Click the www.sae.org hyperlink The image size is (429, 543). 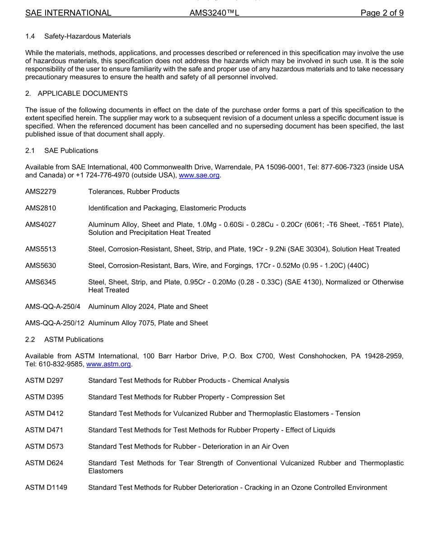[199, 175]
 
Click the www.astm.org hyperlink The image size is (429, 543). [109, 364]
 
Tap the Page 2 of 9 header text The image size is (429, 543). [382, 13]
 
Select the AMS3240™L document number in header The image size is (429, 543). [214, 13]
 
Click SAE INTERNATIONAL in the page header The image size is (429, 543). [68, 13]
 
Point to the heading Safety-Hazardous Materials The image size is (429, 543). [88, 36]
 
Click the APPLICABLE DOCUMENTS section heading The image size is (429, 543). [83, 94]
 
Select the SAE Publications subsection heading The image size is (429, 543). [71, 150]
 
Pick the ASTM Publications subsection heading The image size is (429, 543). [74, 339]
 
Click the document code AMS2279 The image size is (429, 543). [41, 192]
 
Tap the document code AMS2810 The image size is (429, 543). [41, 208]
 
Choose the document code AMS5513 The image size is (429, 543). [41, 249]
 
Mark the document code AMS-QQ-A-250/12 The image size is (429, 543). [55, 323]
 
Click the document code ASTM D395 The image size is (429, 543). [44, 397]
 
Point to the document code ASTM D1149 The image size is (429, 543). [46, 487]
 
